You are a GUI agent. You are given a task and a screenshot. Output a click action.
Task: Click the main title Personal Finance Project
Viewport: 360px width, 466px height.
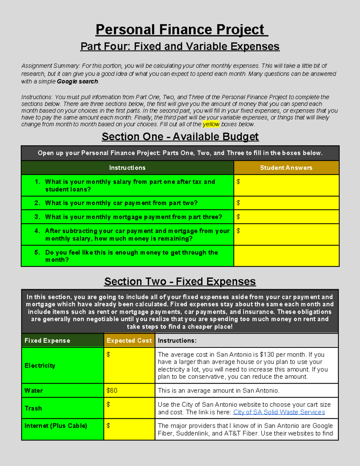click(x=180, y=30)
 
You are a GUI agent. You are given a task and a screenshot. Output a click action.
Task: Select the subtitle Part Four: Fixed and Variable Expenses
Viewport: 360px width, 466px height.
click(x=180, y=47)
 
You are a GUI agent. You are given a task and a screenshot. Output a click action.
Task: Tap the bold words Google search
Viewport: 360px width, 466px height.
click(x=77, y=81)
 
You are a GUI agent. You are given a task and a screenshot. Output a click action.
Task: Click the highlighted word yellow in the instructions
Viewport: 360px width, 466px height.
click(x=211, y=124)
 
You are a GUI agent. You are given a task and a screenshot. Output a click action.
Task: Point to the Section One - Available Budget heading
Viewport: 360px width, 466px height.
click(x=180, y=137)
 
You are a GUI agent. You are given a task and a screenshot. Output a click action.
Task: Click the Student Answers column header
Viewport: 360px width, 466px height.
click(x=286, y=168)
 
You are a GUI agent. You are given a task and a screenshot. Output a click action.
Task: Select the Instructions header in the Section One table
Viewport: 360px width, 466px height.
click(x=127, y=168)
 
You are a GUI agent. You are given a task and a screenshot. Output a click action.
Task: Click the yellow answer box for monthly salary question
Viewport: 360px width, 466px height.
click(x=286, y=185)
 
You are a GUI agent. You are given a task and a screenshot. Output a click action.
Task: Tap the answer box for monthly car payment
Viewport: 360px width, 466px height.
click(x=286, y=203)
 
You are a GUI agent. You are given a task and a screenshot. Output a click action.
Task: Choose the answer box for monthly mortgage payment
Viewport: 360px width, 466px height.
click(x=286, y=217)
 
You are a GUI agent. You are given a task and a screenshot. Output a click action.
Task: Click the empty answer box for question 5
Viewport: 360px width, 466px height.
click(x=286, y=256)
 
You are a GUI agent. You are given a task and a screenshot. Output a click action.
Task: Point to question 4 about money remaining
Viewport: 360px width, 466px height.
click(x=132, y=235)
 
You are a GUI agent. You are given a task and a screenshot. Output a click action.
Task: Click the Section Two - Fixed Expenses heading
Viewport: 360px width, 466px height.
click(x=180, y=281)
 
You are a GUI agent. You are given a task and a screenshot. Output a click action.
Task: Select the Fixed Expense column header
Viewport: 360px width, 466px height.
click(x=47, y=341)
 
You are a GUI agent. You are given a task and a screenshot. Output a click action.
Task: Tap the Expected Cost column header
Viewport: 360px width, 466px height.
click(x=129, y=341)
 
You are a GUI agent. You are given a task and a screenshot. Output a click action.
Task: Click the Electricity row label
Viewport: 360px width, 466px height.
click(x=40, y=365)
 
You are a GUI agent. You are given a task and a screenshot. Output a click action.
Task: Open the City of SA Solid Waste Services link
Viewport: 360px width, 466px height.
click(x=279, y=412)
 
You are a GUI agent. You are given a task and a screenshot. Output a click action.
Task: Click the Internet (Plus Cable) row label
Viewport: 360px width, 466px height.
click(x=56, y=426)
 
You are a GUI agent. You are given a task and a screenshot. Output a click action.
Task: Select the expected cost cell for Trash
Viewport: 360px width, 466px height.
click(x=129, y=408)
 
